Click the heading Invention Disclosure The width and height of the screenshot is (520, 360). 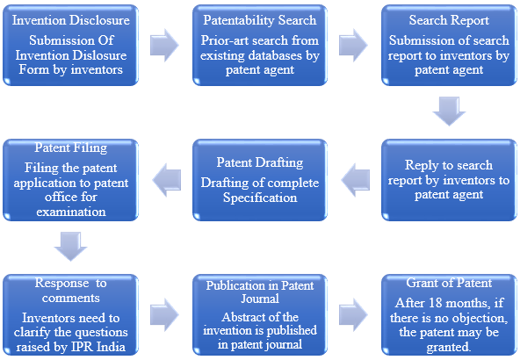(x=70, y=20)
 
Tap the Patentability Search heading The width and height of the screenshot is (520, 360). (x=260, y=20)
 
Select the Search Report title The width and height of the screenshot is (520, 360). (x=449, y=20)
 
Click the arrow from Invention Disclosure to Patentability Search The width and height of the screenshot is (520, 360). (x=164, y=45)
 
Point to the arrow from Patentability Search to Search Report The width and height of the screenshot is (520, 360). (x=353, y=45)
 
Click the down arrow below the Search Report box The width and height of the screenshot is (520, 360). (x=449, y=112)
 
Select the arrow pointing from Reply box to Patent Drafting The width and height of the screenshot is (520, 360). (x=356, y=180)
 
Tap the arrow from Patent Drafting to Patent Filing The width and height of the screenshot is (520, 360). (x=167, y=180)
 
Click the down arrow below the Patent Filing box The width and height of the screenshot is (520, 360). (x=70, y=247)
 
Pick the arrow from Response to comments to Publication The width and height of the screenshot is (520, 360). (x=164, y=315)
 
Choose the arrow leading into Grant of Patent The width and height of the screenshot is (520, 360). (x=353, y=315)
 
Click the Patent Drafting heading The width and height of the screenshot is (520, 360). (x=260, y=162)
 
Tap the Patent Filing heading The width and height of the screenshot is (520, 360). (x=70, y=148)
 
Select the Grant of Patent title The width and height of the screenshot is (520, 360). (x=449, y=283)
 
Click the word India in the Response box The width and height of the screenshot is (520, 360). (x=111, y=347)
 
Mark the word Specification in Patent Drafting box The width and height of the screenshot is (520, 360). (x=260, y=198)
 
